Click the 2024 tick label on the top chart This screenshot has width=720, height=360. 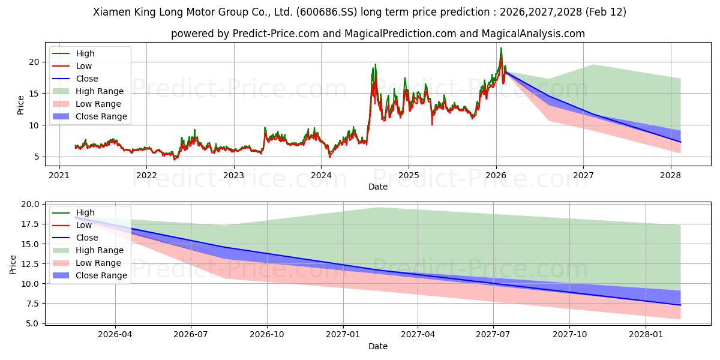pos(321,175)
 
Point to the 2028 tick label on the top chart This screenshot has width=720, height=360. pos(670,175)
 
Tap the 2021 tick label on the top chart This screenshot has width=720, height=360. pos(59,175)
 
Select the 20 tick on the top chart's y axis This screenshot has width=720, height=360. pos(35,62)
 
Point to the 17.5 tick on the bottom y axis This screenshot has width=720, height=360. pos(31,224)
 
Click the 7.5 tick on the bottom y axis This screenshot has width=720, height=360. pos(33,304)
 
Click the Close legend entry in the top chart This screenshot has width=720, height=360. pos(87,79)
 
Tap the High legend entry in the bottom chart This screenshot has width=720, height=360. pos(85,212)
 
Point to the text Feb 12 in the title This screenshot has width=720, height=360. pos(606,12)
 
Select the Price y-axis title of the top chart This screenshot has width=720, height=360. pos(21,104)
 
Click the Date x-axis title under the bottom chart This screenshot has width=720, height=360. pos(378,346)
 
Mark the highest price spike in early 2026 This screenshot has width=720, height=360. pos(501,49)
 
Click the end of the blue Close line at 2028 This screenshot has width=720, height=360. pos(680,142)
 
